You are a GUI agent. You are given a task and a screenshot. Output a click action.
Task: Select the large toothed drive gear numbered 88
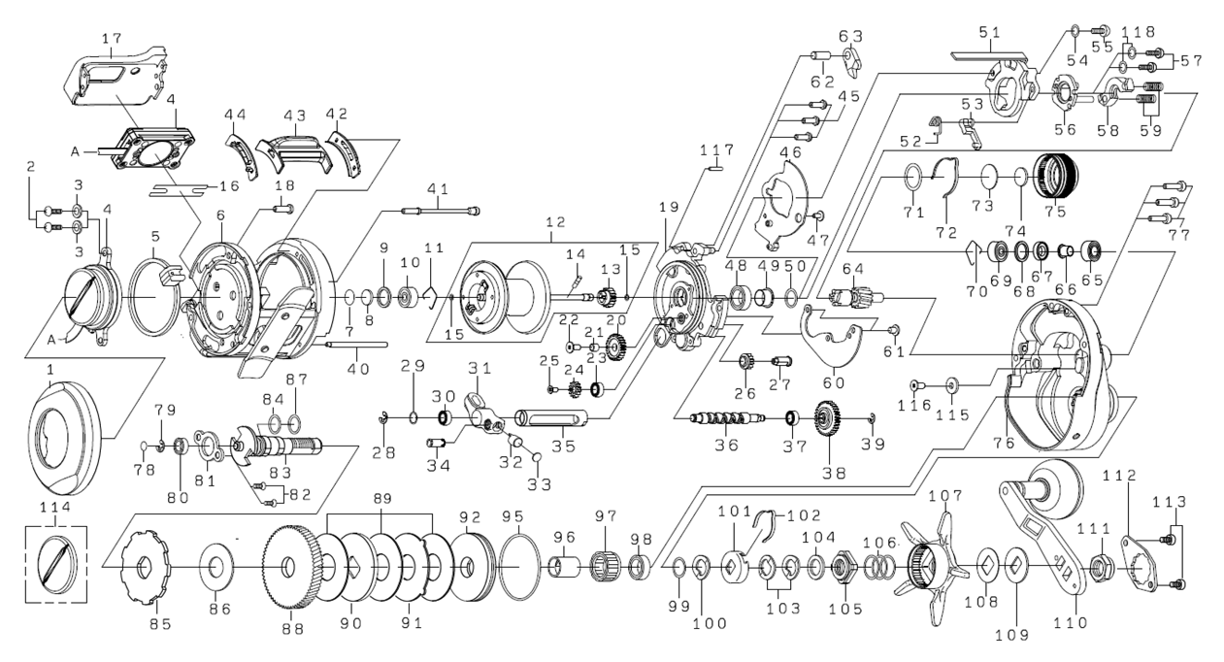290,565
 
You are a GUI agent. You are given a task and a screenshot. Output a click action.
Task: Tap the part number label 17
112,38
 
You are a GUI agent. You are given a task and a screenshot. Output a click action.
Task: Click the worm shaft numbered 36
726,419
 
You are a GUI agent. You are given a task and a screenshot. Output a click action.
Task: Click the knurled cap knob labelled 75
1054,177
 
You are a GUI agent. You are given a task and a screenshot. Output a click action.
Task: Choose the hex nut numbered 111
1104,564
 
